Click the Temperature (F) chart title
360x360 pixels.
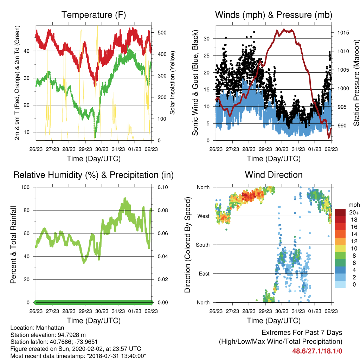coord(94,15)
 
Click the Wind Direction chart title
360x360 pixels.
coord(274,175)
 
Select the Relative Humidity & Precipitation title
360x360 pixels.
coord(94,175)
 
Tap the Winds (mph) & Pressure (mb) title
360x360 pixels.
coord(274,15)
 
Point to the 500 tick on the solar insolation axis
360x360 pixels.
coord(162,33)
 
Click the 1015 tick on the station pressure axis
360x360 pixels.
coord(343,33)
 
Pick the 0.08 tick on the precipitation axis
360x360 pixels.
coord(163,210)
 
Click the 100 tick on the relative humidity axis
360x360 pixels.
coord(25,187)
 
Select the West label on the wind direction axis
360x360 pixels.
coord(204,216)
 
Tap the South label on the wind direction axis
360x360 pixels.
coord(203,245)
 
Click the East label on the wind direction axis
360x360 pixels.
coord(204,274)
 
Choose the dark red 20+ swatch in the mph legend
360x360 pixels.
coord(340,212)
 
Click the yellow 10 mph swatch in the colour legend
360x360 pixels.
coord(340,249)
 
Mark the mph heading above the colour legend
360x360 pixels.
coord(354,205)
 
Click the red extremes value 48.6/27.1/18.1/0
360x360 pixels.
coord(317,351)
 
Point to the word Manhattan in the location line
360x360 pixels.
coord(50,328)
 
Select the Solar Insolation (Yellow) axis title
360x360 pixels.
coord(172,83)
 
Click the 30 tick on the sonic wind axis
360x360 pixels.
coord(207,39)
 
